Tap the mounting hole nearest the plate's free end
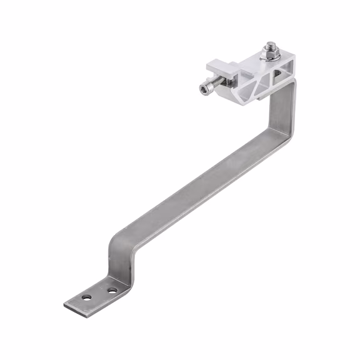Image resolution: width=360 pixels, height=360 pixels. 87,297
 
